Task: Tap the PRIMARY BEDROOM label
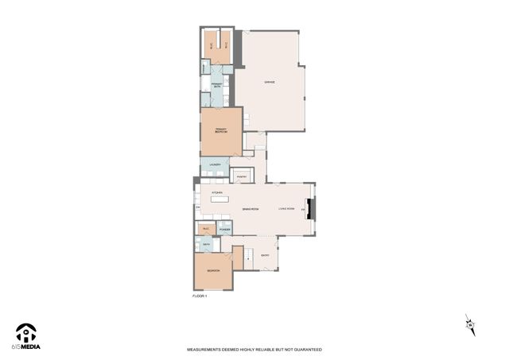click(x=220, y=131)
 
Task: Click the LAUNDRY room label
click(x=214, y=165)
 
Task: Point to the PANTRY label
click(x=242, y=176)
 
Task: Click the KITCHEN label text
click(x=216, y=193)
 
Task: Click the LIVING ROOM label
click(x=286, y=208)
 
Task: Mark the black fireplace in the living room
click(x=313, y=207)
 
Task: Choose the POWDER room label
click(x=224, y=229)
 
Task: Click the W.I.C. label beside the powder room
click(x=204, y=229)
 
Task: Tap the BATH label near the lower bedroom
click(x=206, y=245)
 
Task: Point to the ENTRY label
click(x=265, y=256)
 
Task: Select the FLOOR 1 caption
click(x=199, y=296)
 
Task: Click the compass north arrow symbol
click(x=470, y=323)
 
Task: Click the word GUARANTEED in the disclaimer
click(x=305, y=349)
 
